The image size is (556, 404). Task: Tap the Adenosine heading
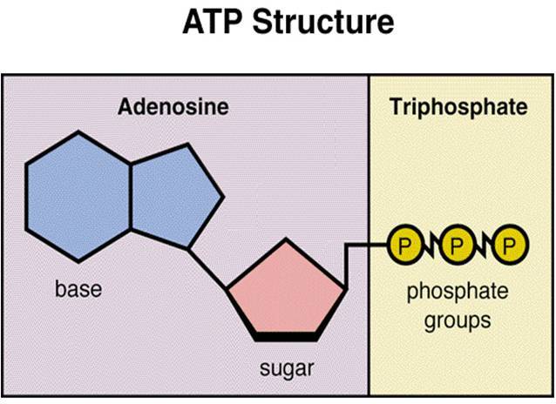click(x=173, y=108)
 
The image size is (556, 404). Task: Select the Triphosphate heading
click(x=458, y=108)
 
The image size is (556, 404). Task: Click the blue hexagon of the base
click(x=78, y=197)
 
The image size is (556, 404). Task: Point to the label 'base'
click(x=78, y=289)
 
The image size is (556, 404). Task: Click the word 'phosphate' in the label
click(x=457, y=293)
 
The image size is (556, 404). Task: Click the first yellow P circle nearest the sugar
click(x=403, y=246)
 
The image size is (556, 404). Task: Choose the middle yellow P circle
click(x=456, y=246)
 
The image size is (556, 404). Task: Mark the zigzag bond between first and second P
click(x=429, y=246)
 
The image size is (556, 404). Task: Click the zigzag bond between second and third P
click(x=483, y=246)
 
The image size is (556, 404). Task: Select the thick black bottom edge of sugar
click(x=287, y=335)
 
